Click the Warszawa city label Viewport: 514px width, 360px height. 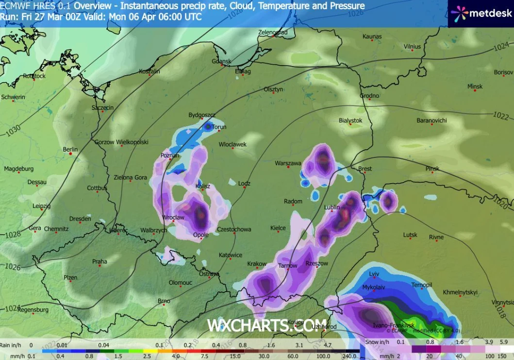(x=288, y=164)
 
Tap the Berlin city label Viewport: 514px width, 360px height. (x=70, y=150)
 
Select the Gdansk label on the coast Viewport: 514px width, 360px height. (x=221, y=62)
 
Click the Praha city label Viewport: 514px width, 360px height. (x=99, y=262)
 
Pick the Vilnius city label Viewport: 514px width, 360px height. (x=412, y=47)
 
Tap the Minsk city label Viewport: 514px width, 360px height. (x=475, y=86)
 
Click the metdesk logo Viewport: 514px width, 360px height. (x=480, y=13)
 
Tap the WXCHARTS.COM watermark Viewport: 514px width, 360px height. (x=267, y=326)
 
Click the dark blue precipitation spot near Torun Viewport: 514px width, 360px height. (x=208, y=127)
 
